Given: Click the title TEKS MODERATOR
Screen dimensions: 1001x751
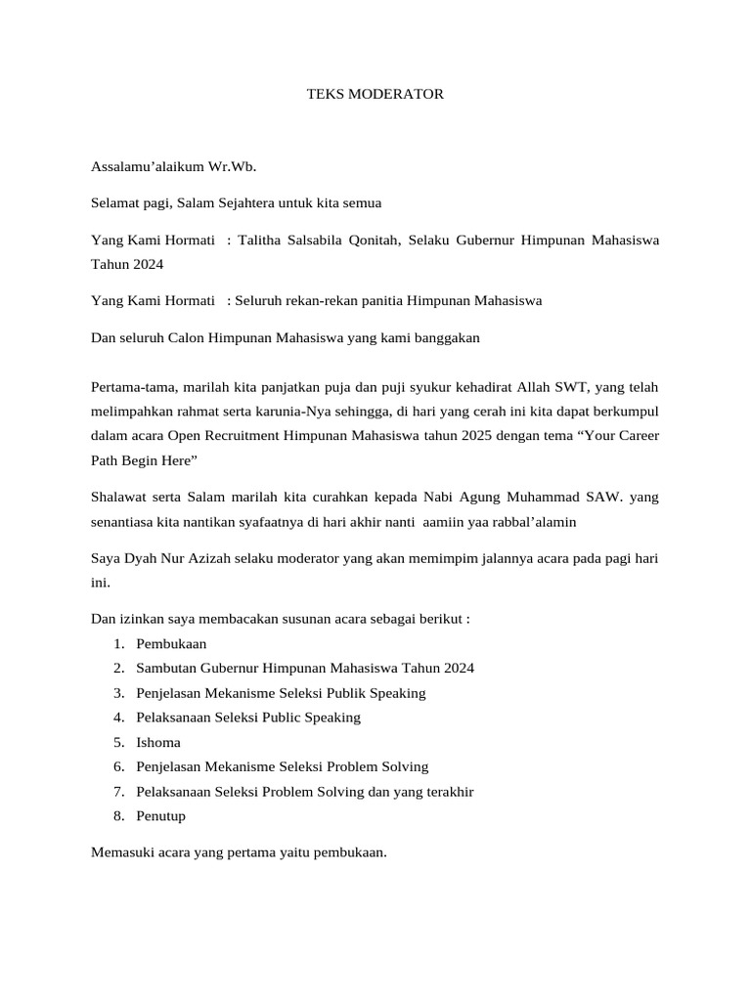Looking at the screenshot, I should (x=375, y=95).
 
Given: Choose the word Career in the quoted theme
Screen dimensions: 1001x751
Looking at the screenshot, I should (x=636, y=436).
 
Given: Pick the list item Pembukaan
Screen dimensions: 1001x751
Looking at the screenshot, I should (x=172, y=644).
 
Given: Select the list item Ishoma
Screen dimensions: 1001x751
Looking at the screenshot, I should (x=158, y=742).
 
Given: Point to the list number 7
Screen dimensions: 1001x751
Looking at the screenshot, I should (x=117, y=791).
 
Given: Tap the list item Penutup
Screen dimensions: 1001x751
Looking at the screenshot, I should (x=161, y=815).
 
